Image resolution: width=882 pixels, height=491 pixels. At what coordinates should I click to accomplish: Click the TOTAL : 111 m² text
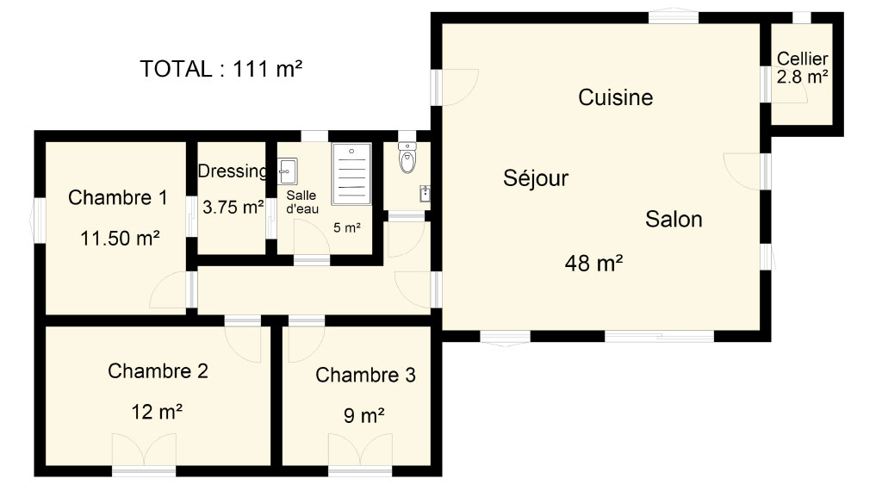tap(221, 69)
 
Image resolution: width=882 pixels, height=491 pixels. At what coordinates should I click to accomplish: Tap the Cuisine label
tap(615, 97)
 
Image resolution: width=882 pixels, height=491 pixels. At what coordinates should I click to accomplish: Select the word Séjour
tap(536, 177)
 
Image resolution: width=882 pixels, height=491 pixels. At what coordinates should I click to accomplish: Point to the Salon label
tap(674, 219)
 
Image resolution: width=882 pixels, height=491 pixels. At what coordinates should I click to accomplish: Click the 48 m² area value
tap(593, 263)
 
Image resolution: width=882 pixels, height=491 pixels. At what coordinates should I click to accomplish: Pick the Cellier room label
tap(802, 59)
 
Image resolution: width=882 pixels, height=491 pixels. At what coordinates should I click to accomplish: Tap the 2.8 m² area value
tap(802, 77)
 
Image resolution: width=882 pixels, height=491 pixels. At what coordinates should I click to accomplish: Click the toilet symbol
tap(407, 157)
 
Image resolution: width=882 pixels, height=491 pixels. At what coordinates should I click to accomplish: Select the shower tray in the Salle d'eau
tap(351, 174)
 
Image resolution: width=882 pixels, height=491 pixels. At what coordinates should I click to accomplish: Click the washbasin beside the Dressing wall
tap(288, 171)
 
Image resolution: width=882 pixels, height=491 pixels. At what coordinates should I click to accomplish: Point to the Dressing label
tap(233, 171)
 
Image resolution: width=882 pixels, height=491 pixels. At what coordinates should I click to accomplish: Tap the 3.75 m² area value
tap(233, 207)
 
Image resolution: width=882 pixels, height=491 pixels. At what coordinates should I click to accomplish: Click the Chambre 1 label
tap(117, 197)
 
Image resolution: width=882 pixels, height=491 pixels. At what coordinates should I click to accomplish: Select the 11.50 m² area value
tap(120, 238)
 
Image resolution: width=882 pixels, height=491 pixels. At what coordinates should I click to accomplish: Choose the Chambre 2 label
tap(158, 370)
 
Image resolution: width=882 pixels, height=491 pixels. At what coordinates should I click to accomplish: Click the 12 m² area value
tap(157, 412)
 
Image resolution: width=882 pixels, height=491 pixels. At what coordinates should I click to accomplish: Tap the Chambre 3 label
tap(365, 375)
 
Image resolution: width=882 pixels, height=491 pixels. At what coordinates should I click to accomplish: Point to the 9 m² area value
tap(364, 416)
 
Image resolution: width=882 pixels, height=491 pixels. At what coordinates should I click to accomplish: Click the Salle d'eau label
tap(302, 202)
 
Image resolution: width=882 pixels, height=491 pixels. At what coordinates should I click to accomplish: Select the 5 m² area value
tap(346, 227)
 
